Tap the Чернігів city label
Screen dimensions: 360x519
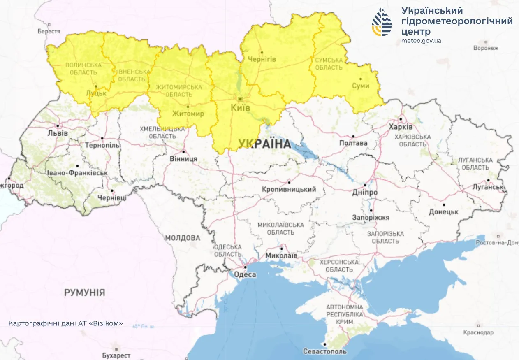pyautogui.click(x=262, y=59)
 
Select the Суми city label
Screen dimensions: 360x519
pyautogui.click(x=361, y=86)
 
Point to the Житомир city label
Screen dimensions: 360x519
pyautogui.click(x=188, y=114)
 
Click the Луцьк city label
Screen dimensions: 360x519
pyautogui.click(x=95, y=93)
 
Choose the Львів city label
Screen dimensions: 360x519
pyautogui.click(x=58, y=133)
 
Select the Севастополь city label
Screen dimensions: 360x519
pyautogui.click(x=324, y=351)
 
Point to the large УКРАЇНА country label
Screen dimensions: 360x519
pyautogui.click(x=264, y=144)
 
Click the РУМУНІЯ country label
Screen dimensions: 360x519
pyautogui.click(x=84, y=293)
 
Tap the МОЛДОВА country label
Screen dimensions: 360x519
pyautogui.click(x=183, y=238)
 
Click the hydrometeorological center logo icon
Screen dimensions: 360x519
pyautogui.click(x=382, y=22)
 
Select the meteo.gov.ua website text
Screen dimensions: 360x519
pyautogui.click(x=421, y=41)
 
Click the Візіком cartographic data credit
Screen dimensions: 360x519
pyautogui.click(x=66, y=323)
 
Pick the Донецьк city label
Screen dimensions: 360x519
pyautogui.click(x=443, y=211)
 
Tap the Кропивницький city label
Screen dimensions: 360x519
pyautogui.click(x=289, y=189)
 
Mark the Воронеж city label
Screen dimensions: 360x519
pyautogui.click(x=486, y=48)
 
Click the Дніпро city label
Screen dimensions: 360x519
pyautogui.click(x=364, y=192)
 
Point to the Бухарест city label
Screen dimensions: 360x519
pyautogui.click(x=116, y=355)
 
